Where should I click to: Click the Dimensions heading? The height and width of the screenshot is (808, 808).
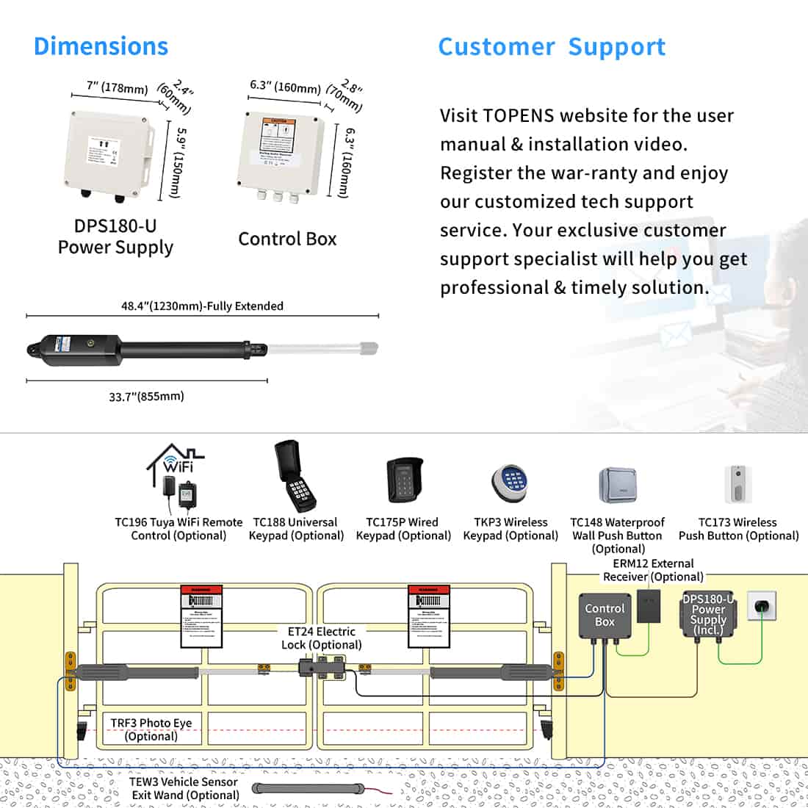pos(101,46)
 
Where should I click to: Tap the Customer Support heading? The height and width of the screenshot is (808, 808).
pos(552,47)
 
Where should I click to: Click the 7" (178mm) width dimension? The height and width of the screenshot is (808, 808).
pos(117,87)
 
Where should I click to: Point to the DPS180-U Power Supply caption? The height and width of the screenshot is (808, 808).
pos(115,237)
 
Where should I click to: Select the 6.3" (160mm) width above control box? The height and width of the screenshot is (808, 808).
pos(285,87)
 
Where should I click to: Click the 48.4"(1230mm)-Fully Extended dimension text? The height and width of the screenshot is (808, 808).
pos(202,306)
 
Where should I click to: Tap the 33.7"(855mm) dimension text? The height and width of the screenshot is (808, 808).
pos(146,397)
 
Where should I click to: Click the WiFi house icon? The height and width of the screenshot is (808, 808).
pos(176,461)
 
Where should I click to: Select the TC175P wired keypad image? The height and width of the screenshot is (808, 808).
pos(403,480)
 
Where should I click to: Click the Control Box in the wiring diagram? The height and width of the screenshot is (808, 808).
pos(605,616)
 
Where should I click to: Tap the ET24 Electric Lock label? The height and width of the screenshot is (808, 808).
pos(321,638)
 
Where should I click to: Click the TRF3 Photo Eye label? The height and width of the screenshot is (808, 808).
pos(151,729)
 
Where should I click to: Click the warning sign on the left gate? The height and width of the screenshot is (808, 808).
pos(201,616)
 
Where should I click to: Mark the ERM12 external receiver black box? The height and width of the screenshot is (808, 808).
pos(649,605)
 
